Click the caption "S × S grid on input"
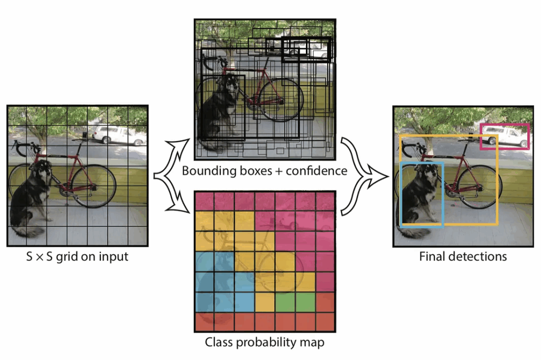coord(77,257)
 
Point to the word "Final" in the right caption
coord(432,256)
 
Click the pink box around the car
coord(504,125)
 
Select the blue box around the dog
coord(402,196)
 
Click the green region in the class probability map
coord(295,302)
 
